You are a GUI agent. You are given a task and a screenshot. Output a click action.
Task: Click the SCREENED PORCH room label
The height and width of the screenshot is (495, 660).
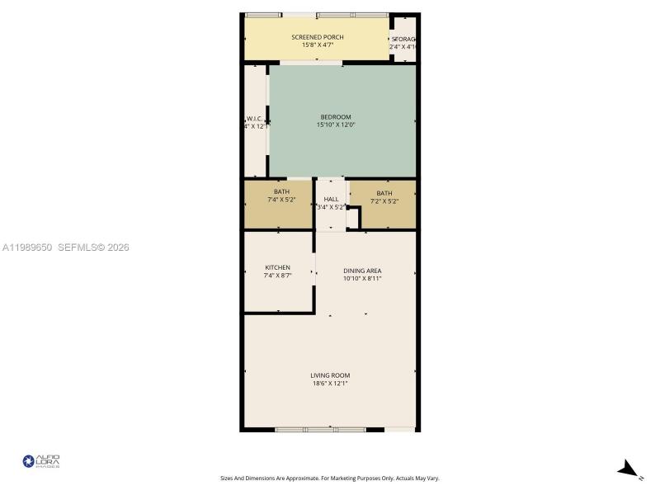click(318, 37)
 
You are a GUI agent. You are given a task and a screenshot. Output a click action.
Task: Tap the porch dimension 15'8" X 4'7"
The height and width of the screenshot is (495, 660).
click(318, 45)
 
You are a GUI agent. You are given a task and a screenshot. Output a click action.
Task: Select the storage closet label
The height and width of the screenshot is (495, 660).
click(403, 40)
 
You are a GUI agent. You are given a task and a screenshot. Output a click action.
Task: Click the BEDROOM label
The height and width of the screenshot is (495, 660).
click(336, 116)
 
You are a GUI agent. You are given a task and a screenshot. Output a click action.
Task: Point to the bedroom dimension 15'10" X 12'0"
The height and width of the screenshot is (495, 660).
click(336, 125)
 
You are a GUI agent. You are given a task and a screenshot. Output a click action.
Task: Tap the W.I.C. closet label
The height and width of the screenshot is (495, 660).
click(254, 118)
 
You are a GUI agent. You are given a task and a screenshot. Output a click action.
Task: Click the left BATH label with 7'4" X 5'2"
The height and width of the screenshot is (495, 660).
click(281, 191)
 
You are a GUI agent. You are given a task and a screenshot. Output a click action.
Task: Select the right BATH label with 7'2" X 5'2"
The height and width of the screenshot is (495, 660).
click(384, 193)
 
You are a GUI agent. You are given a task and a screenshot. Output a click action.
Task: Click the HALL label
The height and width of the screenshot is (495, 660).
click(331, 199)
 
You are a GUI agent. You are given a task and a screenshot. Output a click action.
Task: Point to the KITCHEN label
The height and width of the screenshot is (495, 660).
click(277, 267)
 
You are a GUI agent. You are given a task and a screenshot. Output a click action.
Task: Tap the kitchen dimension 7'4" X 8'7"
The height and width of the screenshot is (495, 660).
click(277, 276)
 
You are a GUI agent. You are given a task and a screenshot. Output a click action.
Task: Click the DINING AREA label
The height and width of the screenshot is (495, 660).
click(362, 271)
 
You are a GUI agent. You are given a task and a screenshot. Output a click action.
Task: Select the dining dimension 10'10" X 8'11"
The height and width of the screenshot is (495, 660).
click(362, 279)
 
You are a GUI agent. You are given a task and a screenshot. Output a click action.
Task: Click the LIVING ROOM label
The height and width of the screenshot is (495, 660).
click(329, 375)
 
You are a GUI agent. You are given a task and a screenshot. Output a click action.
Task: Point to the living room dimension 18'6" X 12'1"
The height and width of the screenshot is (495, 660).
click(329, 384)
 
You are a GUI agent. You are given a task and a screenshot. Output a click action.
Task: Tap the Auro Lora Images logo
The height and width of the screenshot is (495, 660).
click(41, 462)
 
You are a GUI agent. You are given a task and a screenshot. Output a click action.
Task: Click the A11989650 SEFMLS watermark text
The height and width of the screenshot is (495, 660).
click(66, 247)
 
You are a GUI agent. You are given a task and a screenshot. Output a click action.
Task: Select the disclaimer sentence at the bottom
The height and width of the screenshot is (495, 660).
click(329, 478)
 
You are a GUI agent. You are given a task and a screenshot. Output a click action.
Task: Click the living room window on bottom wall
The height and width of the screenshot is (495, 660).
click(329, 429)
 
